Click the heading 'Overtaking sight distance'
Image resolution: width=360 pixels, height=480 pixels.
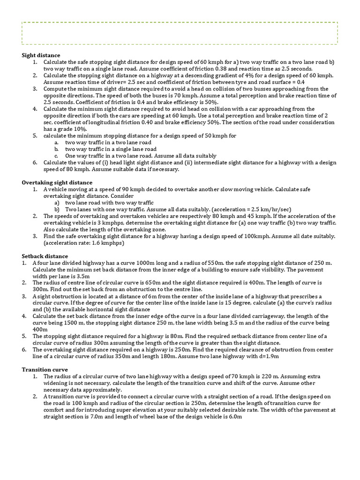(57, 182)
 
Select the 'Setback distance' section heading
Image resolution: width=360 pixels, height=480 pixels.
(45, 256)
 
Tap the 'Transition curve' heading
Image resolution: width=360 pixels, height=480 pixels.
(45, 369)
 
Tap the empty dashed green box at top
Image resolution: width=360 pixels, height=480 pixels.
(180, 33)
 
